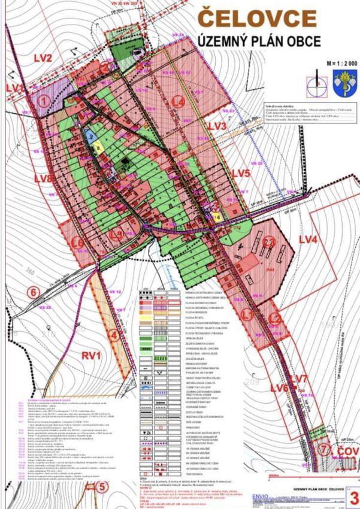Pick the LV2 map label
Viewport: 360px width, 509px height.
pos(43,58)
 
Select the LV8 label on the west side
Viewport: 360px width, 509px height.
pos(43,178)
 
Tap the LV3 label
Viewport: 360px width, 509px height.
pos(217,126)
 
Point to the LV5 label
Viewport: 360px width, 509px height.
pos(240,173)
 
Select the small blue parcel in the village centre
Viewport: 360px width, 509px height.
pos(88,137)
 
